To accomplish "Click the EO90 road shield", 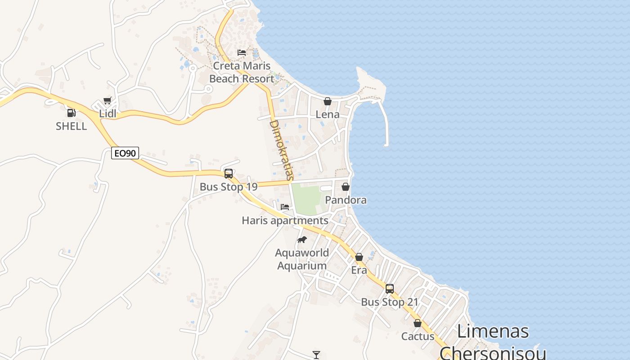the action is point(125,153).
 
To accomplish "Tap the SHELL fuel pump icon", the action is point(71,113).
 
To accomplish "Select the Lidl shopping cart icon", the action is point(107,100).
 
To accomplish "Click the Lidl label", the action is point(108,113).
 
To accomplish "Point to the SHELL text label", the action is point(71,126).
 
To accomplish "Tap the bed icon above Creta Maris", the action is point(242,53).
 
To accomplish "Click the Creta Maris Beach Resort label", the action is point(242,72).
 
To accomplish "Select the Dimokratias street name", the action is point(281,150).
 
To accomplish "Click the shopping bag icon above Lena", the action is point(328,101).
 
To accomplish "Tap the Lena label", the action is point(328,114).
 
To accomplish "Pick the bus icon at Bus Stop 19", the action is point(229,173).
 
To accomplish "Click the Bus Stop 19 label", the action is point(229,187).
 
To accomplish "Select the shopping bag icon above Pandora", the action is point(346,187).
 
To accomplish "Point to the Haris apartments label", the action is point(285,220).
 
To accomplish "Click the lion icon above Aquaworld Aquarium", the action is point(302,239).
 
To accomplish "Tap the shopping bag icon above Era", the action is point(359,257).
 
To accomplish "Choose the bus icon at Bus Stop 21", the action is point(390,289).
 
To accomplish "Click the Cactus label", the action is point(418,336).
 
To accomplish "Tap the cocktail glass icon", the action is point(316,355).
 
